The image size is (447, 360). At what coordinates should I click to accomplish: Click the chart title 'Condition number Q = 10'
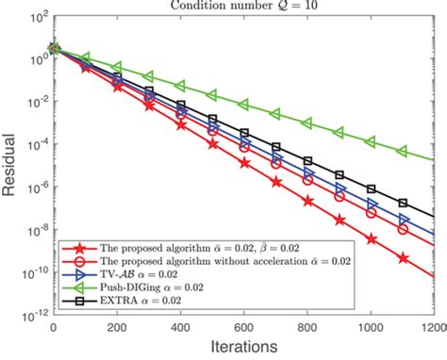click(x=246, y=8)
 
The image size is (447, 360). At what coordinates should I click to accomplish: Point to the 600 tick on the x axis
click(x=244, y=327)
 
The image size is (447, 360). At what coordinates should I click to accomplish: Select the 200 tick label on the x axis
click(x=117, y=327)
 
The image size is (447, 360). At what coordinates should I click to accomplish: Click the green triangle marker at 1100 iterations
click(x=404, y=150)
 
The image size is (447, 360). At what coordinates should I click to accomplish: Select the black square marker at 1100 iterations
click(x=404, y=203)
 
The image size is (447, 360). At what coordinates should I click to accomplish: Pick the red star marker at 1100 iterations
click(x=404, y=258)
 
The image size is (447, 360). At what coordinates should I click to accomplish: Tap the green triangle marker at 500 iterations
click(x=212, y=94)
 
